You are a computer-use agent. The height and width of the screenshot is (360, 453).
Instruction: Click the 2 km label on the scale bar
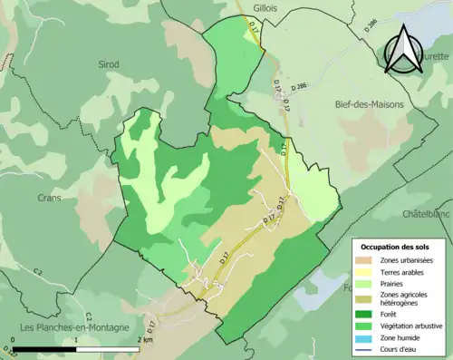(143, 339)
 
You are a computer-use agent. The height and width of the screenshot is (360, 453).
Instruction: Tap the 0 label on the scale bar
(14, 339)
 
